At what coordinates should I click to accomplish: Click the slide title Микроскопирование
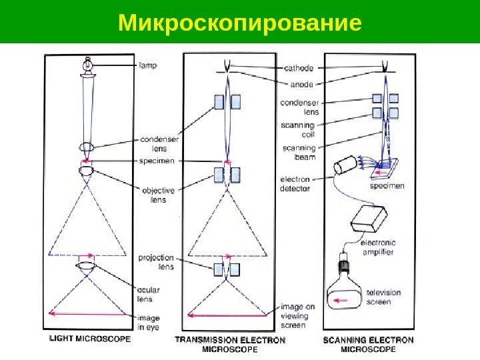(x=240, y=22)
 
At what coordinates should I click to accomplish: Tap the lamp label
(x=149, y=65)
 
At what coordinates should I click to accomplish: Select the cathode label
(x=299, y=67)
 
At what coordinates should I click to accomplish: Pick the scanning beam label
(x=299, y=152)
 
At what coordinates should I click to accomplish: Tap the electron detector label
(x=295, y=184)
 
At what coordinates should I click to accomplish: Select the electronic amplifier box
(x=369, y=217)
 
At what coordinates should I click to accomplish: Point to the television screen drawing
(x=345, y=299)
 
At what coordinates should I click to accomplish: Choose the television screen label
(x=385, y=297)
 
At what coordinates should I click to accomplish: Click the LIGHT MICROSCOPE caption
(x=91, y=339)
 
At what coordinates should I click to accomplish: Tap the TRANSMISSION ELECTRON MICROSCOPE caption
(x=230, y=344)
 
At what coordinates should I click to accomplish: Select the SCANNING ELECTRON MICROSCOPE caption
(x=368, y=344)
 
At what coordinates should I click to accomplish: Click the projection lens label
(x=156, y=262)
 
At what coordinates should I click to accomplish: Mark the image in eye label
(x=149, y=323)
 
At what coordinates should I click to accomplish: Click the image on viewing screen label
(x=293, y=316)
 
